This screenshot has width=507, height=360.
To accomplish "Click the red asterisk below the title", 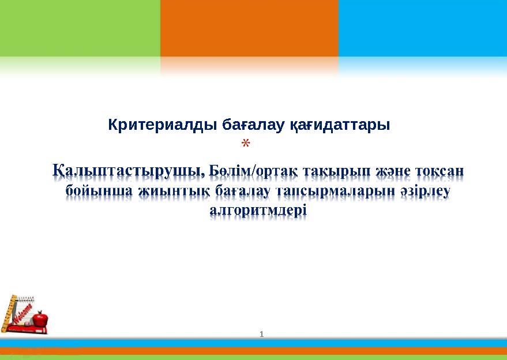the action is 246,143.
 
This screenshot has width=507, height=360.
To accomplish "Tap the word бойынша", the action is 99,191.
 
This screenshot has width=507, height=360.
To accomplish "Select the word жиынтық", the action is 175,191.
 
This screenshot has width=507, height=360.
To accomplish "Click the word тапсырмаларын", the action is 336,192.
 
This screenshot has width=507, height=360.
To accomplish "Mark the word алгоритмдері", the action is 258,211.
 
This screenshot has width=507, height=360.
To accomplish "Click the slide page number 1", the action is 262,335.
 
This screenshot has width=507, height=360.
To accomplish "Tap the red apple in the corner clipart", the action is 40,318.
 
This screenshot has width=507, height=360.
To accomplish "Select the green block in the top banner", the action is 80,28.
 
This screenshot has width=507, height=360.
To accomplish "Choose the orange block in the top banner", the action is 249,28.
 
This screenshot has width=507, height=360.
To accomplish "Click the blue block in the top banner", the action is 423,28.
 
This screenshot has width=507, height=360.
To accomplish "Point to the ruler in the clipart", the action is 8,313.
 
